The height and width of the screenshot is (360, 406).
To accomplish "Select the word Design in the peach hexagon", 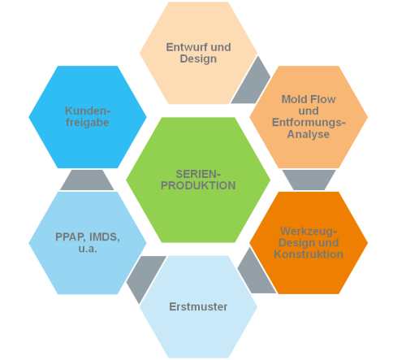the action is (198, 59).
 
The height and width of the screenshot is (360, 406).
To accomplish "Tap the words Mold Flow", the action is (309, 99).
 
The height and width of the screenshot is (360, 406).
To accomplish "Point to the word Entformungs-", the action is (309, 123).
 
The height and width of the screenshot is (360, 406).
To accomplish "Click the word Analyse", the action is (309, 134).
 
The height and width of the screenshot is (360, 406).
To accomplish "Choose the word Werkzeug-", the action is (309, 232).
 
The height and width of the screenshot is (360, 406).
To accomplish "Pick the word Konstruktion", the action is (309, 254).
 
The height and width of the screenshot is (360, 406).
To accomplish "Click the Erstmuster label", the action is (198, 306).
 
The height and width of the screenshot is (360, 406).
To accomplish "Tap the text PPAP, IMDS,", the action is (88, 237).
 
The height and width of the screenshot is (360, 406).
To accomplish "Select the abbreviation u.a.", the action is (88, 249).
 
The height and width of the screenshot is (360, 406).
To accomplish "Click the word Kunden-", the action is (88, 111).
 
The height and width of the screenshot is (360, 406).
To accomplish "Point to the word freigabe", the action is (88, 123).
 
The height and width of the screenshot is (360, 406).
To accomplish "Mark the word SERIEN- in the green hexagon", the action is (198, 174).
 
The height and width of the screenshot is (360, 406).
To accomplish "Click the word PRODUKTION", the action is (198, 185).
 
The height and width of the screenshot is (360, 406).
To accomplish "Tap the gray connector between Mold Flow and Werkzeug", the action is (309, 180).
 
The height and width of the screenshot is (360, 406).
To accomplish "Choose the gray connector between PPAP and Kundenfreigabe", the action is (87, 180).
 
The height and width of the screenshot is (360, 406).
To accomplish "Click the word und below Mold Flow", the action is (309, 111).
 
